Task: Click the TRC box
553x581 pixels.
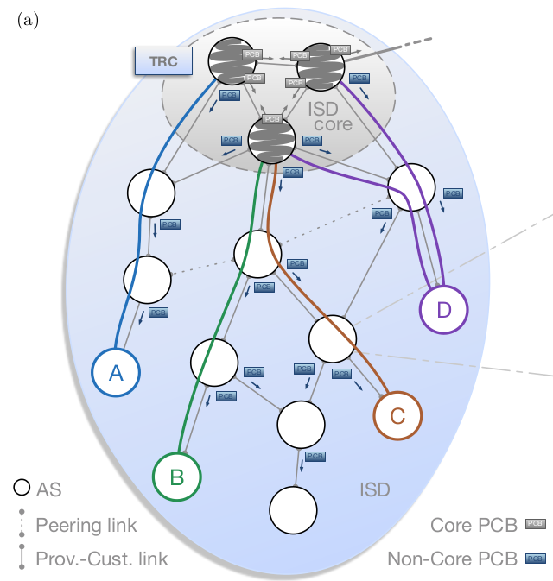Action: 163,62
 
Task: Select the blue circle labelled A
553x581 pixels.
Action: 116,372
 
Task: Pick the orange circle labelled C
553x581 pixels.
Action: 397,415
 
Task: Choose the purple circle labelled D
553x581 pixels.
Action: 443,308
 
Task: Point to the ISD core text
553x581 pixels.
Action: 329,117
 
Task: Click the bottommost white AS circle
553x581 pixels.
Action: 293,510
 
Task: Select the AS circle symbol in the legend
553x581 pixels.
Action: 22,488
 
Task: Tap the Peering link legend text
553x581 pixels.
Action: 86,524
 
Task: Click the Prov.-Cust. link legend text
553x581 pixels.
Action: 102,559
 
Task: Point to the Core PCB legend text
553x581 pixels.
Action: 474,524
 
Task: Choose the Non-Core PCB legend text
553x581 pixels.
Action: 452,559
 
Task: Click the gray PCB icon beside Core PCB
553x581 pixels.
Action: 536,524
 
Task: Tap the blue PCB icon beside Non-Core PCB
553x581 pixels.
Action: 536,559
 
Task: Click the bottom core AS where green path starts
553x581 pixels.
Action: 272,141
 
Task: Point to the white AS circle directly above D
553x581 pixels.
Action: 412,186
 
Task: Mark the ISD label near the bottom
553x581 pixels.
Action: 375,489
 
